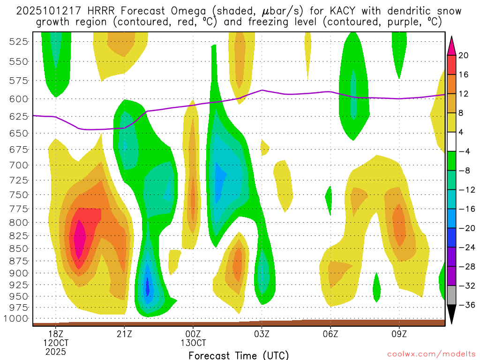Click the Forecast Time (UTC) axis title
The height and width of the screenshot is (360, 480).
239,355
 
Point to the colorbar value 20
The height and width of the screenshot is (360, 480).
464,55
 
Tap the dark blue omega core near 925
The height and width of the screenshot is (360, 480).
147,286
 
